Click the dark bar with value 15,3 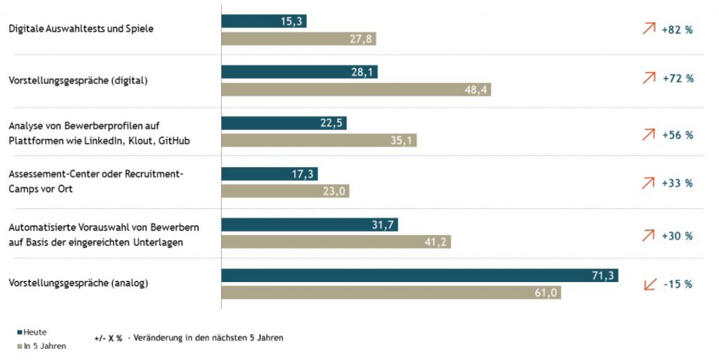tap(264, 22)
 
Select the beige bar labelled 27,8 tap(298, 39)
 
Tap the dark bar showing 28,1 tap(299, 72)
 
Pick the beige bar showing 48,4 tap(356, 90)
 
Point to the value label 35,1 tap(401, 141)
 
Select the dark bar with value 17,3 tap(270, 173)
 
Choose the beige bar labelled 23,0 tap(285, 191)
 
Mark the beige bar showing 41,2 tap(336, 242)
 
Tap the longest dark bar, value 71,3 tap(419, 275)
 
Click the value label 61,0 tap(546, 293)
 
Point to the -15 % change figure tap(678, 284)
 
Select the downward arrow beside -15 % tap(650, 284)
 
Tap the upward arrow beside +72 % tap(649, 79)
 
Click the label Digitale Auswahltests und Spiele tap(81, 29)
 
